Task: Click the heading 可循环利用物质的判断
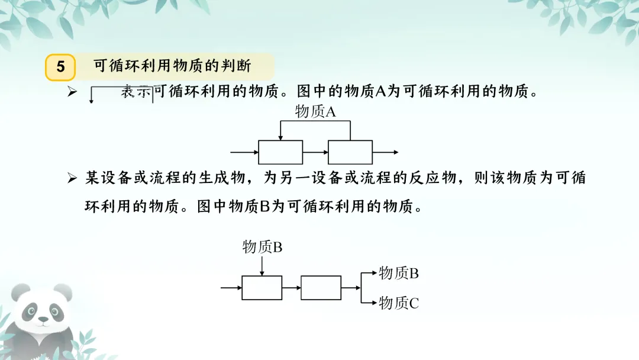tap(172, 66)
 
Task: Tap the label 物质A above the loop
tap(315, 111)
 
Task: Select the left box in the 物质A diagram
tap(280, 152)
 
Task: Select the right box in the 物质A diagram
tap(350, 152)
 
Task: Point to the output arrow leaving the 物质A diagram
tap(386, 152)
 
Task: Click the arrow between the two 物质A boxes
tap(315, 152)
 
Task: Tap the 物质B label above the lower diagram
tap(262, 247)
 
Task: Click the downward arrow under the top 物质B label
tap(262, 266)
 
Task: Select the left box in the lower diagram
tap(262, 288)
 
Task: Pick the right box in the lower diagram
tap(321, 288)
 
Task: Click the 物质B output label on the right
tap(399, 273)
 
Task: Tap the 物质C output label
tap(399, 303)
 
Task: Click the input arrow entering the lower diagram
tap(231, 288)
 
